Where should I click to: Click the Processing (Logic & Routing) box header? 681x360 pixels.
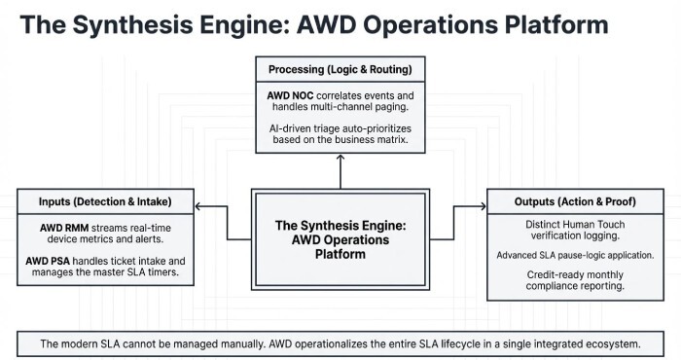click(340, 70)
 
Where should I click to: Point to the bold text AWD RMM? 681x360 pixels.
click(62, 227)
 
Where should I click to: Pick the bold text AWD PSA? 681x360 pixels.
click(60, 262)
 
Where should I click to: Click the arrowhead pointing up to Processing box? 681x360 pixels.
click(340, 159)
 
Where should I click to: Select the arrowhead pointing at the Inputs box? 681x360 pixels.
click(198, 206)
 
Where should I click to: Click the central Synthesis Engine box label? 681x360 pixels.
click(340, 239)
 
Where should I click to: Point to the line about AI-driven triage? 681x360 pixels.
click(340, 135)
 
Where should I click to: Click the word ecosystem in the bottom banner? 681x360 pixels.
click(611, 343)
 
